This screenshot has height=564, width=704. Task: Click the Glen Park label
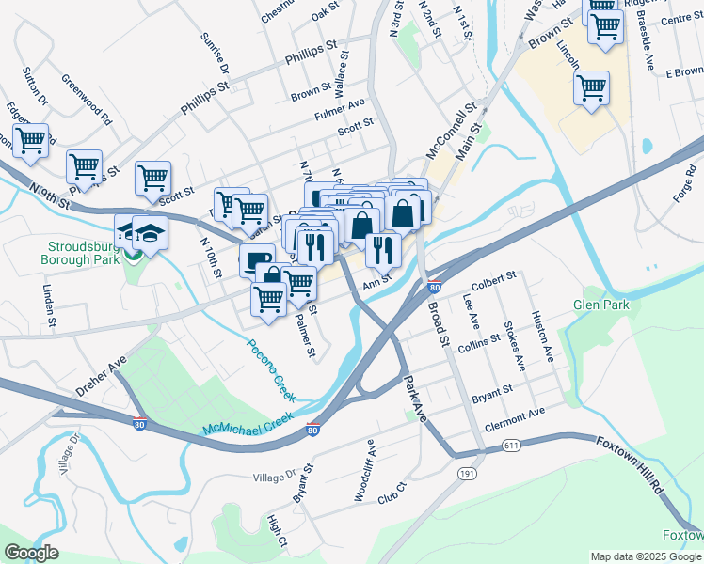(x=601, y=305)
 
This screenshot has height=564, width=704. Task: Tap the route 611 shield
(x=511, y=444)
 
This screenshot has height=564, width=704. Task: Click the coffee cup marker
(x=257, y=259)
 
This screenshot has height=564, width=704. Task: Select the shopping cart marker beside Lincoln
(x=590, y=88)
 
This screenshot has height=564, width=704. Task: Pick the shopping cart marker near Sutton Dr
(x=30, y=141)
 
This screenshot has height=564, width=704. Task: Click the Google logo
(x=32, y=553)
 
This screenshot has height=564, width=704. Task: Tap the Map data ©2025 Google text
(x=645, y=556)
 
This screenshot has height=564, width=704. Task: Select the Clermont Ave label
(x=515, y=413)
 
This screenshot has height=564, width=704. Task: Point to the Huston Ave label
(x=541, y=337)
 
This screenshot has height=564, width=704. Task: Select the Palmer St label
(x=304, y=337)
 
